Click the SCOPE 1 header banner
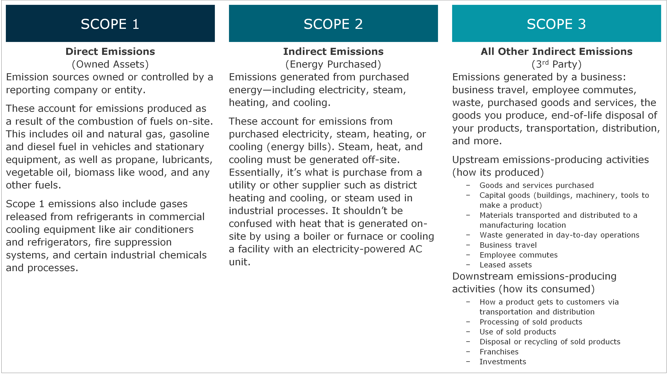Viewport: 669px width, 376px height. (110, 24)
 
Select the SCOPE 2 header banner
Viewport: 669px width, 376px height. (333, 24)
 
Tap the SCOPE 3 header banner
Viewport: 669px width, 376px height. (556, 24)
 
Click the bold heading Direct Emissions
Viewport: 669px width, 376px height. (110, 51)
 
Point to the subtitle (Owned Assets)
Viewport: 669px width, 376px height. (110, 64)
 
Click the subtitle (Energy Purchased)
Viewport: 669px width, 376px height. (333, 64)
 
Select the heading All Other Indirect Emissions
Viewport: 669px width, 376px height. (556, 51)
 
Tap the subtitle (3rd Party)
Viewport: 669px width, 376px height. (556, 64)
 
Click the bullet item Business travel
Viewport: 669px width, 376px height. (508, 245)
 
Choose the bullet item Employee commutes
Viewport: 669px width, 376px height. (518, 255)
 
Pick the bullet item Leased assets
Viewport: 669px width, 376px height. (505, 265)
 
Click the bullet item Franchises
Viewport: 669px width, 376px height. (499, 352)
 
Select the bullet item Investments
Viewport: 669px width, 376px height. (503, 362)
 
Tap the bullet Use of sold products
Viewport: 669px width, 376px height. (518, 332)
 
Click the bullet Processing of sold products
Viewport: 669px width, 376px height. (531, 322)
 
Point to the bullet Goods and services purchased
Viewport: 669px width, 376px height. (536, 185)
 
